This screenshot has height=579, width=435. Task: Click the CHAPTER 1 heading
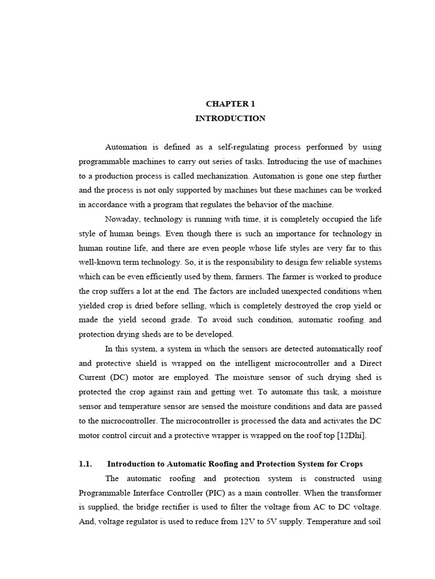pos(230,104)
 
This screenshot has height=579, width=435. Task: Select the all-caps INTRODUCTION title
pos(230,118)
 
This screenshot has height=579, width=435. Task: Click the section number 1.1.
pos(86,464)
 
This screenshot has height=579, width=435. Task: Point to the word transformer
pos(359,492)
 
